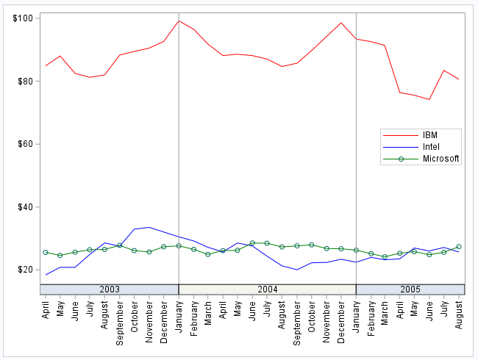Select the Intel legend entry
pos(432,147)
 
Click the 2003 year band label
pos(109,289)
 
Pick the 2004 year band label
pos(267,289)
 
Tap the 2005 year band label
pos(410,289)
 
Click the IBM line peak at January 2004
pos(179,21)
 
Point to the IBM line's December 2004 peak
pos(341,23)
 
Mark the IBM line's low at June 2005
pos(429,99)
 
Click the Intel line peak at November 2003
pos(149,227)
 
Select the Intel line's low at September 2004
pos(296,270)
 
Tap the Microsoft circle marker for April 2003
pos(46,252)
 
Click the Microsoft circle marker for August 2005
pos(459,247)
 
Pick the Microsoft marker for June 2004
pos(252,242)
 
